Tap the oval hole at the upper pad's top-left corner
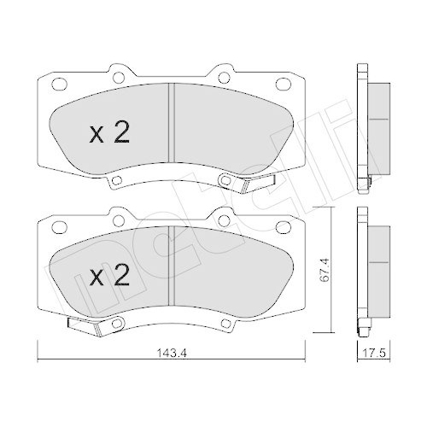(59, 85)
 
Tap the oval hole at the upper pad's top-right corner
(282, 85)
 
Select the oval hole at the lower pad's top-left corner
(59, 226)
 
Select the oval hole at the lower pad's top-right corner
(282, 226)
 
